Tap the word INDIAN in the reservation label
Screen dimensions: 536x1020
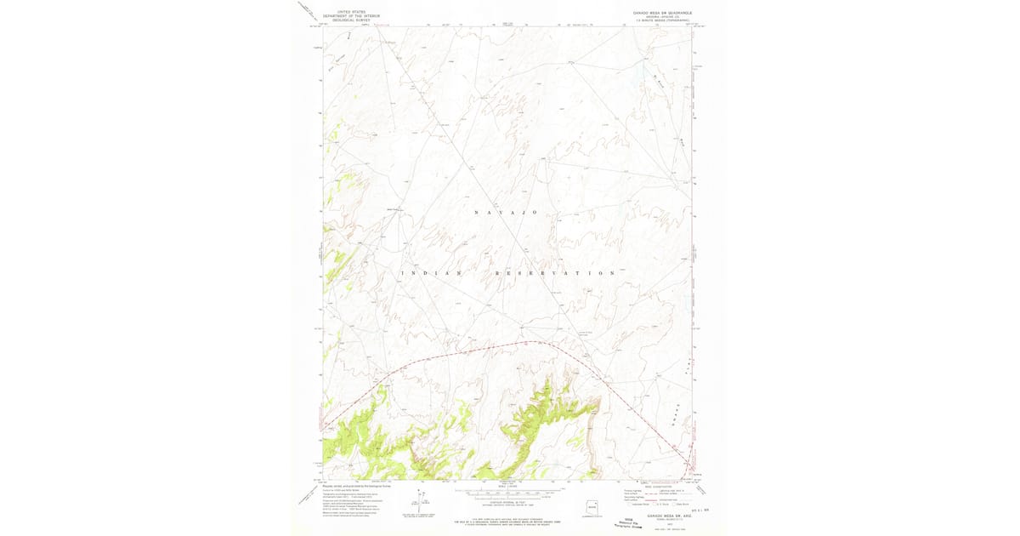coord(430,273)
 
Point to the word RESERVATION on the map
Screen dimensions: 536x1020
coord(555,273)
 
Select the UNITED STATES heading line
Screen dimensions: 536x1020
coord(353,12)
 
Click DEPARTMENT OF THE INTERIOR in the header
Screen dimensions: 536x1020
coord(353,16)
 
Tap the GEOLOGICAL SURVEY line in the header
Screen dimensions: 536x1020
coord(353,20)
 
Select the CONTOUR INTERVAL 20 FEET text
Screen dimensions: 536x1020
coord(507,505)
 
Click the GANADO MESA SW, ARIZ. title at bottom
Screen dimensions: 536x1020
coord(663,516)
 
